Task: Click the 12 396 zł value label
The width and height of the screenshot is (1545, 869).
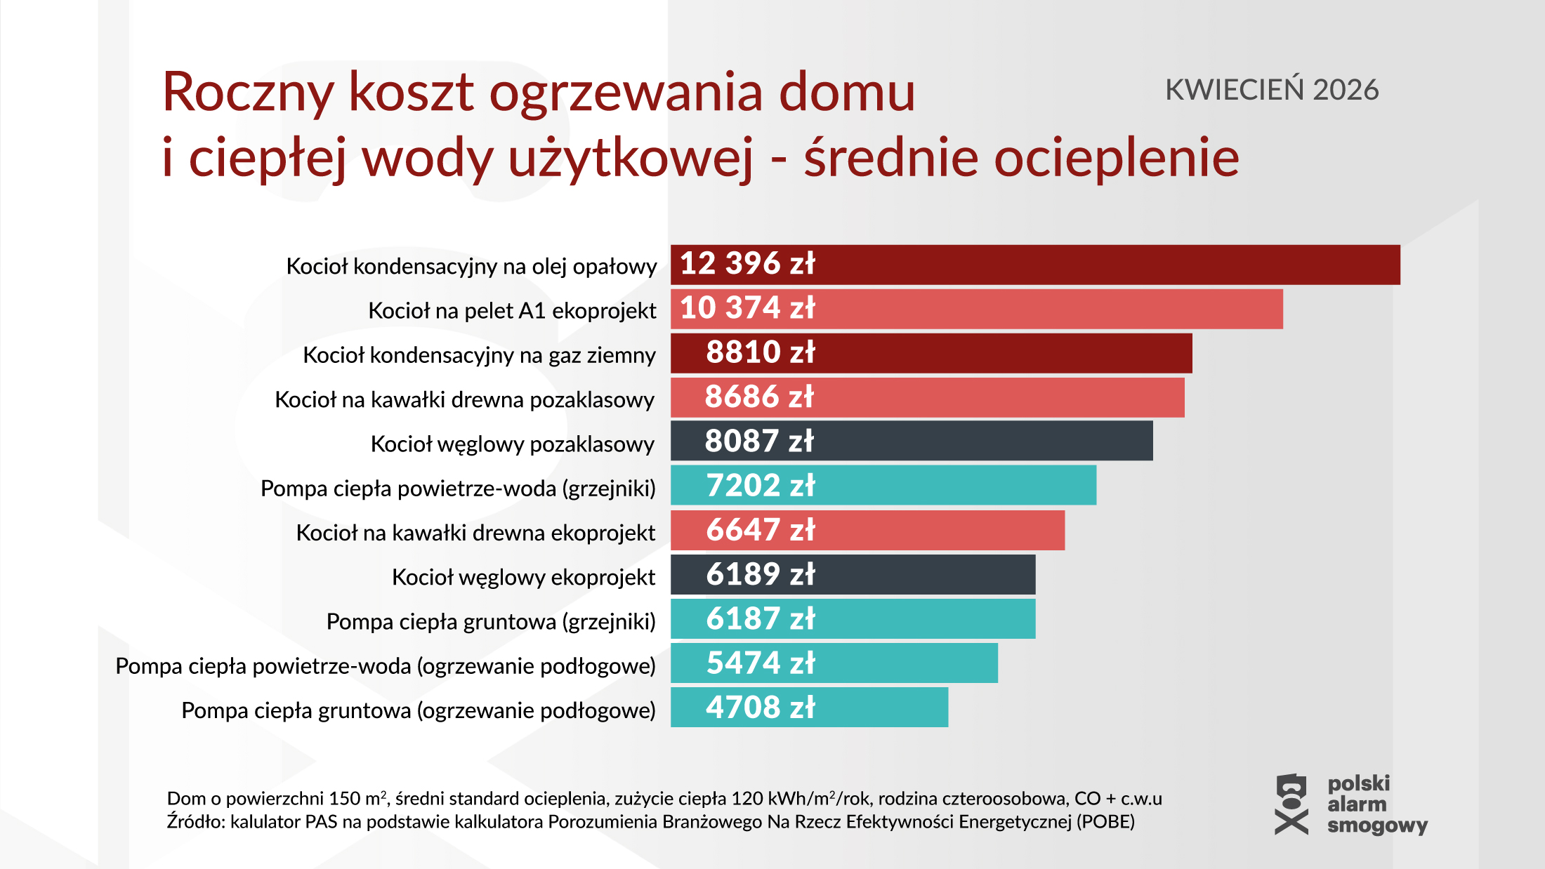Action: pyautogui.click(x=747, y=264)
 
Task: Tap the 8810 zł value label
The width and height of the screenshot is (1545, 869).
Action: pyautogui.click(x=760, y=352)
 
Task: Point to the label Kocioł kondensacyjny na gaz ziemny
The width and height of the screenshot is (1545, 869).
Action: pyautogui.click(x=479, y=355)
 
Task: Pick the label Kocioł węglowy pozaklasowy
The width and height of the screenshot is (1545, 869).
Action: pyautogui.click(x=512, y=444)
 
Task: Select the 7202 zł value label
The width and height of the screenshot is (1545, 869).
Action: pyautogui.click(x=760, y=486)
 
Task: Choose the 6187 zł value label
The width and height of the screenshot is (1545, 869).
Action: pyautogui.click(x=760, y=619)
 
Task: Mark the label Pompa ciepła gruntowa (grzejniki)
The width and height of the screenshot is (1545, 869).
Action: pyautogui.click(x=491, y=621)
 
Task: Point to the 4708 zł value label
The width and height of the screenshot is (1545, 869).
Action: pyautogui.click(x=760, y=708)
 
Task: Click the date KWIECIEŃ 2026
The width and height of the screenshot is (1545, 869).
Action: pyautogui.click(x=1272, y=90)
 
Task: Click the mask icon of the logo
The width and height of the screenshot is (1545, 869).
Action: pyautogui.click(x=1291, y=804)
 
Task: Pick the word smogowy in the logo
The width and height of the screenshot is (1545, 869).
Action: pyautogui.click(x=1377, y=825)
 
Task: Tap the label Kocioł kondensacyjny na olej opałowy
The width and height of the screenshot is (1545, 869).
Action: pyautogui.click(x=471, y=267)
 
